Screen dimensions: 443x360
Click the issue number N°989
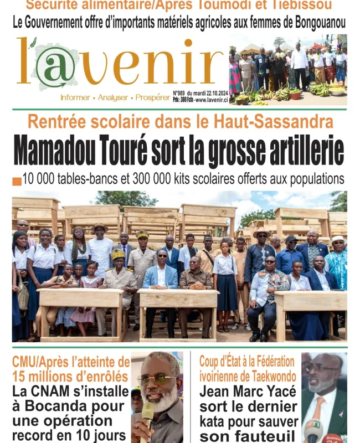[x=178, y=94]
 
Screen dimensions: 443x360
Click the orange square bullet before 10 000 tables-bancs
[x=17, y=181]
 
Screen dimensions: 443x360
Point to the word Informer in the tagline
[x=75, y=97]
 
